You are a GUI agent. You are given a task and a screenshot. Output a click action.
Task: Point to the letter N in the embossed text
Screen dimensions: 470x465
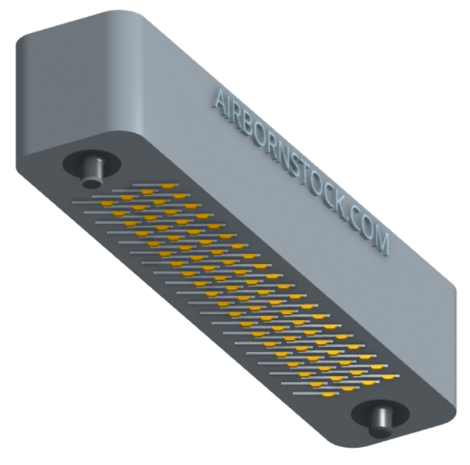[x=286, y=159]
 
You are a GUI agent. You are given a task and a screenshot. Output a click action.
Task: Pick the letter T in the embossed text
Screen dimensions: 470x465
[x=309, y=179]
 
